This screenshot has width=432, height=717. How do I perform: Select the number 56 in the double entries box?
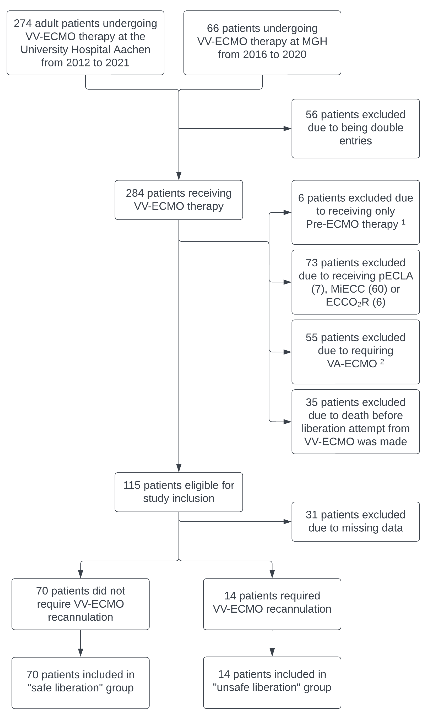tap(312, 114)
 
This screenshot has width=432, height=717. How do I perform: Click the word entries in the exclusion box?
tap(355, 141)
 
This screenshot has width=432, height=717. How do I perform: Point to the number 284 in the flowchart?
tap(135, 193)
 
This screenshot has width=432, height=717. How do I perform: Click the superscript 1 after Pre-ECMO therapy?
tap(403, 222)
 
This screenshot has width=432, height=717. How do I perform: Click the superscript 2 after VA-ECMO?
tap(382, 362)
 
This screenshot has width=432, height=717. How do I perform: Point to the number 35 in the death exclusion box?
tap(312, 402)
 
